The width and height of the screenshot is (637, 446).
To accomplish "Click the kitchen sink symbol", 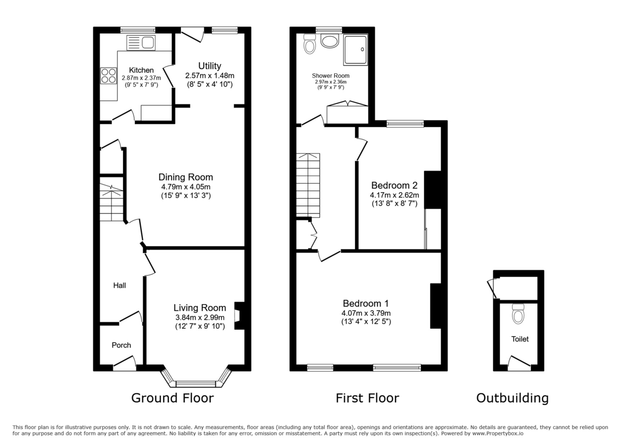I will click(141, 42).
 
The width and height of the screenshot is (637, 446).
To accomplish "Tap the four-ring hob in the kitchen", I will click(108, 76).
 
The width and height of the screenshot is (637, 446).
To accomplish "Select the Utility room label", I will click(210, 66).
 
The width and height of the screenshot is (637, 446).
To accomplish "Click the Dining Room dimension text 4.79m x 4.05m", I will click(186, 187).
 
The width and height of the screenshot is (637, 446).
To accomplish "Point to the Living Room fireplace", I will click(239, 316).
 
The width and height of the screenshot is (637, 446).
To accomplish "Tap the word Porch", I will click(121, 345).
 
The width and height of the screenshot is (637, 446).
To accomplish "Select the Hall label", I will click(119, 286).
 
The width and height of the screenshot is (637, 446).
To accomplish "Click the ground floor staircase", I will click(112, 204).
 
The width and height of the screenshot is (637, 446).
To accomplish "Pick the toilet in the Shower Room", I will click(309, 45).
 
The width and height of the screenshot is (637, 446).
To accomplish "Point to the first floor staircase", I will click(308, 183).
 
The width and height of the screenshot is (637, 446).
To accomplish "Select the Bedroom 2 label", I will click(394, 185).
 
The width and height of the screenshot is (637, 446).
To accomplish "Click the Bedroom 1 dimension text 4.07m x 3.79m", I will click(366, 313).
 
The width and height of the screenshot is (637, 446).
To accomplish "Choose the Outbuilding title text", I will click(512, 398).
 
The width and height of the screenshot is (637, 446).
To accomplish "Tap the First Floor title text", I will click(367, 398).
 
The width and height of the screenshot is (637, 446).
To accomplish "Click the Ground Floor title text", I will click(173, 398).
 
